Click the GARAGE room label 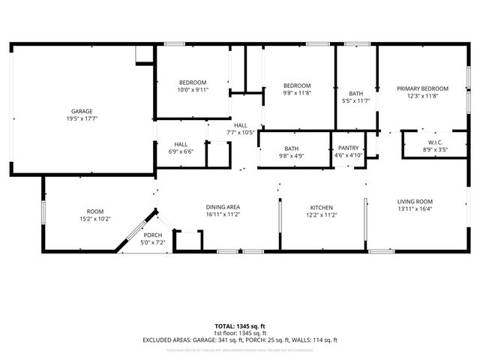click(x=82, y=111)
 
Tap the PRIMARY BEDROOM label click(x=422, y=88)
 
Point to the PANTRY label click(x=349, y=148)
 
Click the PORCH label click(x=152, y=235)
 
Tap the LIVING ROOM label click(x=415, y=201)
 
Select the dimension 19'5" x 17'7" click(x=82, y=118)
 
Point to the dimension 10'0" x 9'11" click(x=193, y=89)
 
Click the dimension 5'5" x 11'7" click(x=355, y=100)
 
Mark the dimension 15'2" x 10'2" click(x=94, y=219)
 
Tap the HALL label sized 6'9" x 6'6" click(x=181, y=144)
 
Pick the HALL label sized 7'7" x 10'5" click(x=240, y=125)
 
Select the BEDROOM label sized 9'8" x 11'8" click(x=297, y=85)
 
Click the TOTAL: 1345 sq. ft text click(x=240, y=326)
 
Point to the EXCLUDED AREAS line click(x=240, y=340)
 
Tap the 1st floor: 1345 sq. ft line click(x=240, y=333)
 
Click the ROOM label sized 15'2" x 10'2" click(x=94, y=211)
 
